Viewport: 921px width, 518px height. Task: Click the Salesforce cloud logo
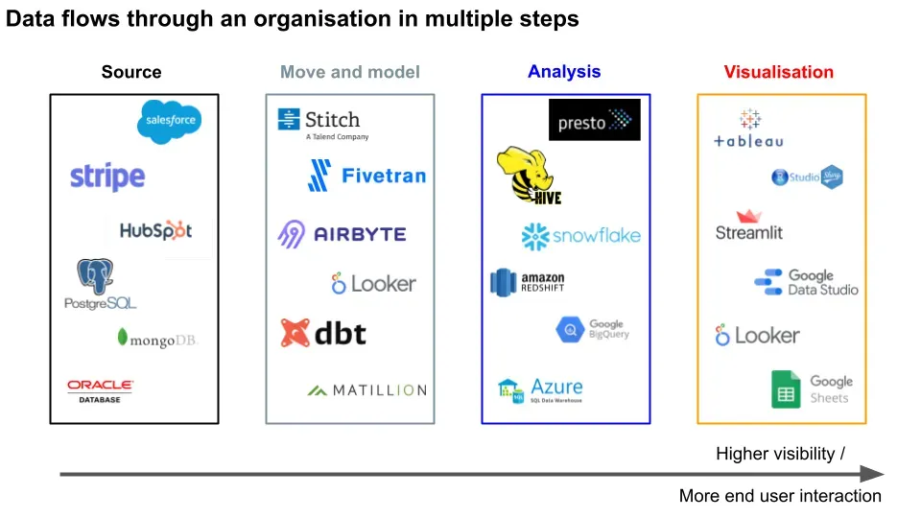(x=169, y=122)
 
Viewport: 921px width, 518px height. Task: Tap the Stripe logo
(x=107, y=177)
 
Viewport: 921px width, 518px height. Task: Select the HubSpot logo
(x=155, y=230)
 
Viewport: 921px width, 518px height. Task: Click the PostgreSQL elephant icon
(x=96, y=276)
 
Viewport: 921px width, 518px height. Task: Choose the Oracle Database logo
(x=100, y=389)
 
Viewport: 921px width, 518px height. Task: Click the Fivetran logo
(x=366, y=176)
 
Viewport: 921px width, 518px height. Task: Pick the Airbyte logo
(x=342, y=234)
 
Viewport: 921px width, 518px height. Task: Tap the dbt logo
(x=323, y=333)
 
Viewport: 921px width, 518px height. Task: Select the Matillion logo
(x=366, y=390)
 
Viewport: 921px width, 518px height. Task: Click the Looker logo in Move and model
(x=373, y=284)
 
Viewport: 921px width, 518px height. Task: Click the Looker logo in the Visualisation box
(x=757, y=336)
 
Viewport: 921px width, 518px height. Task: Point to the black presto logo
(x=595, y=120)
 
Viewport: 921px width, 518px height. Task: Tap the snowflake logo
(x=580, y=236)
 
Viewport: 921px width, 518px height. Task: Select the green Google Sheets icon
(x=786, y=389)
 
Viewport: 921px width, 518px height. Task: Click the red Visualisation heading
(x=778, y=72)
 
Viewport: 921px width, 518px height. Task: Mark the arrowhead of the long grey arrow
(x=872, y=474)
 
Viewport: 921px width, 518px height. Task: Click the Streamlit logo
(x=749, y=225)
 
